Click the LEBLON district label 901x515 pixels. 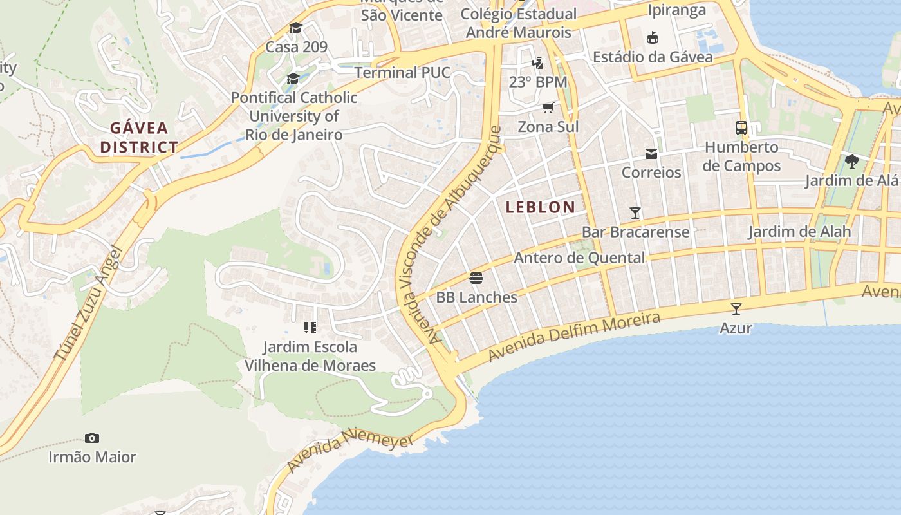[541, 207]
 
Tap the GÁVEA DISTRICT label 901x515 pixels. [139, 137]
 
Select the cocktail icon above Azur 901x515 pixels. [736, 309]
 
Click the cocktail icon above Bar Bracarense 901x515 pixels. [635, 213]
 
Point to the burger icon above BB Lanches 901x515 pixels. [476, 278]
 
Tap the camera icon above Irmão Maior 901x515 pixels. [92, 438]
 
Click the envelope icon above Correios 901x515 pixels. [651, 154]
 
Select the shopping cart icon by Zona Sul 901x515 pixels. [548, 108]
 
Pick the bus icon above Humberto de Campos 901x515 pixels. [741, 128]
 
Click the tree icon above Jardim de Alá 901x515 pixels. [852, 162]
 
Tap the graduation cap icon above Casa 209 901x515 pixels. [295, 28]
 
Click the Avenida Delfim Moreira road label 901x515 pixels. [574, 337]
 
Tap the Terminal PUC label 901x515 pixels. [402, 72]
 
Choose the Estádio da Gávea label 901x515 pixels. [653, 57]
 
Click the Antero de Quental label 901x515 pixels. [579, 257]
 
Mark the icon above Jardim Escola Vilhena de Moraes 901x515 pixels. [310, 328]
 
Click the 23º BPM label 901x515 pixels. [538, 82]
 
